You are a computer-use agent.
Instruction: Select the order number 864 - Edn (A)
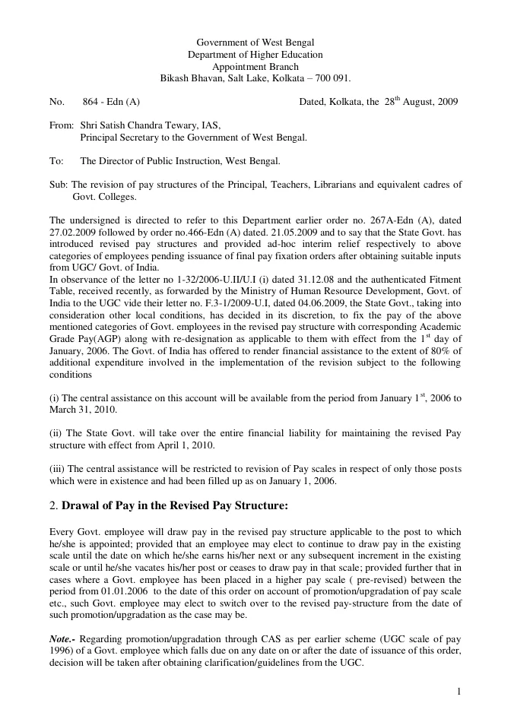point(111,101)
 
